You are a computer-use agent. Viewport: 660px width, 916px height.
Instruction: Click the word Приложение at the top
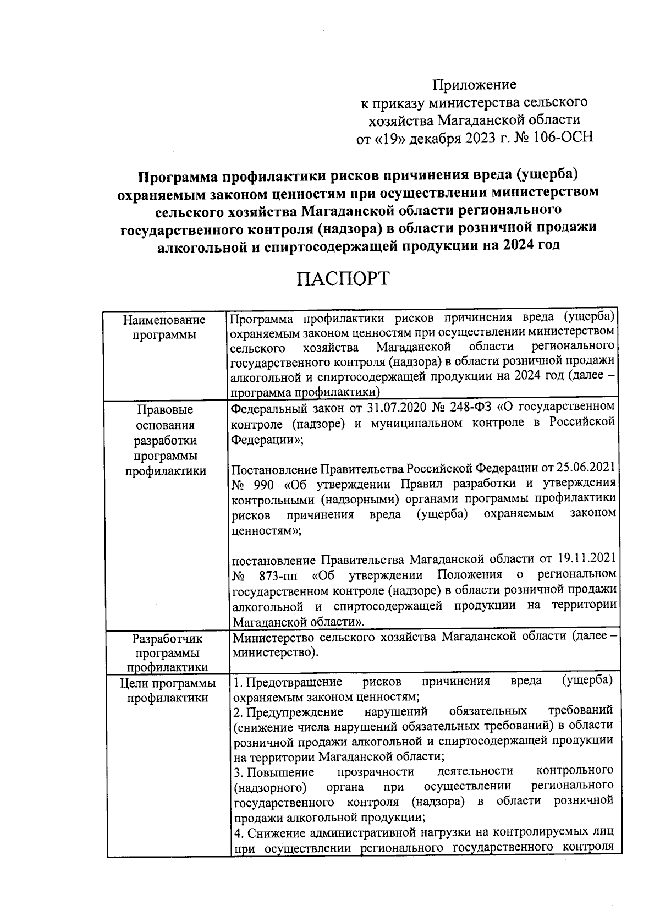tap(474, 85)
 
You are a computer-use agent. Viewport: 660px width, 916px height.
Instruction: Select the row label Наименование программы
tap(164, 327)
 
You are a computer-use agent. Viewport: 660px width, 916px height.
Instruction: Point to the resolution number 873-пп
tap(279, 575)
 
